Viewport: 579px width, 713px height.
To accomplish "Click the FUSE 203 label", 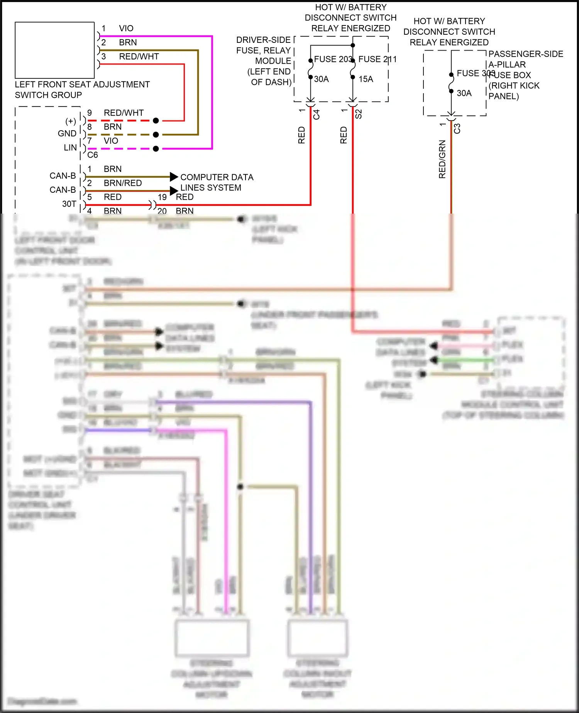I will coord(333,59).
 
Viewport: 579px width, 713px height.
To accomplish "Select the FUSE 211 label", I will coord(377,59).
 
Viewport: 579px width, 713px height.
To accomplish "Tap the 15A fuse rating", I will coord(366,79).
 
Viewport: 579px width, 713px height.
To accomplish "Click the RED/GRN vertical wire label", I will coord(442,159).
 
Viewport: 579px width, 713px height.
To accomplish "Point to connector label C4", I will coord(317,114).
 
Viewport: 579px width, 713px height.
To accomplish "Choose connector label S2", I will coord(359,114).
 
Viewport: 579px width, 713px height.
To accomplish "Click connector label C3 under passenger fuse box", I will coord(457,128).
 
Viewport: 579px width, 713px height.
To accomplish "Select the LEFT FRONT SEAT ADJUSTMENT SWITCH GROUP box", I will coord(54,50).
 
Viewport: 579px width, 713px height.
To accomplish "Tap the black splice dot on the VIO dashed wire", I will coord(156,149).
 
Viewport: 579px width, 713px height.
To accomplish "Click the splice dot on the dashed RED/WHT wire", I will coord(156,121).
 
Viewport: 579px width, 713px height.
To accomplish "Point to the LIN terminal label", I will coord(70,148).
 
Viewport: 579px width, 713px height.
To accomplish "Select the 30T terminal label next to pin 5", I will coord(69,204).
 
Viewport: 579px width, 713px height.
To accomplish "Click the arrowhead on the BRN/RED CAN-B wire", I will coord(174,190).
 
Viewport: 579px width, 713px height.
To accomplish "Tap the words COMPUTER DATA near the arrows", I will coord(217,177).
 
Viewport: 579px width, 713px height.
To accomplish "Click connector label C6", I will coord(93,155).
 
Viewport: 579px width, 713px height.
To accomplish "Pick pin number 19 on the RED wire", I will coord(162,197).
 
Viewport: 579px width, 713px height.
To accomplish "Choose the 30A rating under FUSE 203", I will coord(321,79).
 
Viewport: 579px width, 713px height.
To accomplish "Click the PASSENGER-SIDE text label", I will coord(526,54).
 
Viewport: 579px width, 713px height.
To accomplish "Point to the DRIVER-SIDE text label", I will coord(263,40).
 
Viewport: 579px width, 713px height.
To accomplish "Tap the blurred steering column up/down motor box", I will coord(212,638).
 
